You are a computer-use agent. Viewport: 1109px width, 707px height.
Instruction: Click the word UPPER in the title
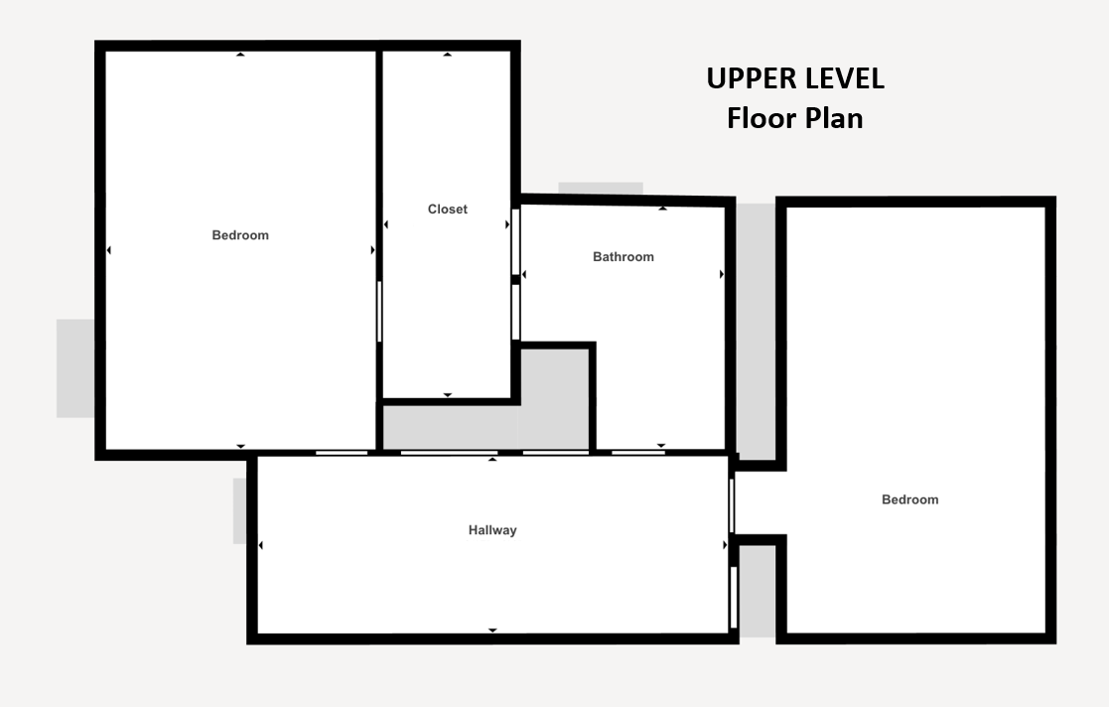(749, 78)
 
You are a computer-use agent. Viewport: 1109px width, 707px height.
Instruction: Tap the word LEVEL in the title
(842, 78)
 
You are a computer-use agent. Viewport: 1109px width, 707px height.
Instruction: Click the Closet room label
(448, 209)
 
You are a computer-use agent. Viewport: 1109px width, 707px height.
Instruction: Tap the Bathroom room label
(624, 257)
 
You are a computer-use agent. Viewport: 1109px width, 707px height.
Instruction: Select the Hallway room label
(492, 530)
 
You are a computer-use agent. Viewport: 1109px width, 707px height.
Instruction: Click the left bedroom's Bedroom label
(240, 235)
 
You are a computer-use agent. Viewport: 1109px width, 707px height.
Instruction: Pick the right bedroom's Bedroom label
(910, 499)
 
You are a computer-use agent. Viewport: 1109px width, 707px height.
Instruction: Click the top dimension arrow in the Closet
(448, 54)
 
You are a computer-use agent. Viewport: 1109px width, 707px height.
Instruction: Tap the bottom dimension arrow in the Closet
(448, 395)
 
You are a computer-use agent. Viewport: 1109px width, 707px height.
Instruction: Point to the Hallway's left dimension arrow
(261, 545)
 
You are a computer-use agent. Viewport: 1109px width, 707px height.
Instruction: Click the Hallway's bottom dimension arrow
(493, 630)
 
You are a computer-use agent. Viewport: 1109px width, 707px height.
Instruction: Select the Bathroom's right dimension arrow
(722, 274)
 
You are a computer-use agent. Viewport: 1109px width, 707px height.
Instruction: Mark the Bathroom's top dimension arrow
(662, 209)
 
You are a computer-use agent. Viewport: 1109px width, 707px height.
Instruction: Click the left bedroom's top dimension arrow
(240, 54)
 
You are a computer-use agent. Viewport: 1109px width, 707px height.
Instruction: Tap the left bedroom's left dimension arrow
(108, 250)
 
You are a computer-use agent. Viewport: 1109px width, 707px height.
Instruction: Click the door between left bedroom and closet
(380, 312)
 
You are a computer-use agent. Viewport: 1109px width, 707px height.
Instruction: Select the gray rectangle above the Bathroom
(601, 189)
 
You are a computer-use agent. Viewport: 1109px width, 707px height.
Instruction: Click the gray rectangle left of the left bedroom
(75, 368)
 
